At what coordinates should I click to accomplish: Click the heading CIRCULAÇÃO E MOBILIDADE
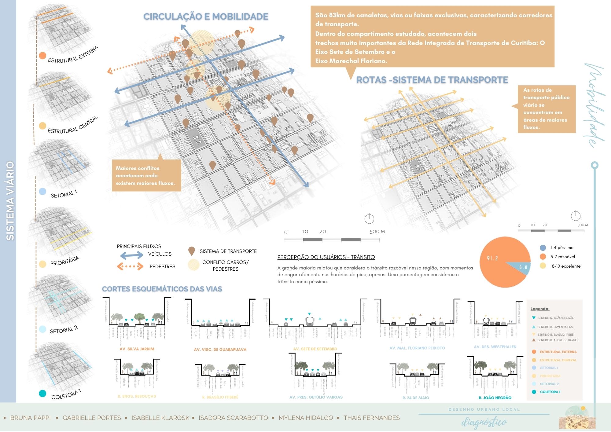click(x=206, y=16)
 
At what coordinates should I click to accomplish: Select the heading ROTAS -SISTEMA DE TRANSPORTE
click(x=432, y=80)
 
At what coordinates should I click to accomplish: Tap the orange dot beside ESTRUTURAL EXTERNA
click(x=42, y=56)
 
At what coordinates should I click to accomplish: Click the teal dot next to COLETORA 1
click(x=42, y=394)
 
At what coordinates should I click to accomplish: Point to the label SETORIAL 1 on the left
click(x=64, y=194)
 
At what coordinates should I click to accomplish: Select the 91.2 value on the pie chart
click(x=492, y=258)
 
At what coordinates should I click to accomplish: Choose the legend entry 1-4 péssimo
click(x=561, y=248)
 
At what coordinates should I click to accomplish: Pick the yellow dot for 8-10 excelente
click(x=543, y=266)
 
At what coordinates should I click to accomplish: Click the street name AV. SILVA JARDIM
click(x=137, y=349)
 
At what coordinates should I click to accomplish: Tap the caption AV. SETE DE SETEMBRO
click(x=315, y=349)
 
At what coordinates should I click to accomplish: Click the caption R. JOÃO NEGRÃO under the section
click(x=495, y=398)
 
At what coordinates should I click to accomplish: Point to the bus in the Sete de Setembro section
click(x=310, y=321)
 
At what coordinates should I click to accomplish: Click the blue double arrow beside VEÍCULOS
click(x=131, y=254)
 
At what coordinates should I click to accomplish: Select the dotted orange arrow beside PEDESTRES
click(x=130, y=266)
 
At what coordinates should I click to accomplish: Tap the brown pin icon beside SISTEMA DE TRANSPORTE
click(x=192, y=251)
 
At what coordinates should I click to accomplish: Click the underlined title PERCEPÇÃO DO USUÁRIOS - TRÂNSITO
click(x=326, y=257)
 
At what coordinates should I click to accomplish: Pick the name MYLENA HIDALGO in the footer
click(x=306, y=418)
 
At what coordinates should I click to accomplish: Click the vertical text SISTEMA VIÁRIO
click(x=10, y=201)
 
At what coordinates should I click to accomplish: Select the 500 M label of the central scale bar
click(x=377, y=232)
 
